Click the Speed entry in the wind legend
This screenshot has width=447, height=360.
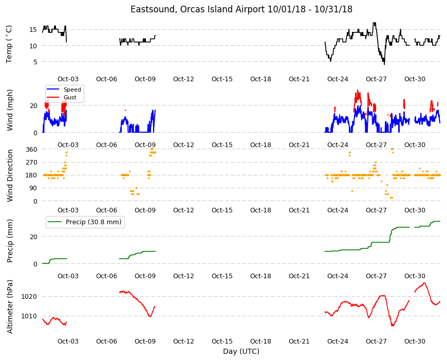click(x=72, y=89)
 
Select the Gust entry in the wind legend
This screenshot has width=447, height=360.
click(x=70, y=97)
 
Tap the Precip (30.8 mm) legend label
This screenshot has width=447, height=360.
click(x=94, y=222)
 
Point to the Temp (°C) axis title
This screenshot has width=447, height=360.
click(x=9, y=44)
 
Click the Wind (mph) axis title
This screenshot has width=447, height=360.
click(x=10, y=110)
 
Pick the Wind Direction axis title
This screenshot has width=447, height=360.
click(x=10, y=175)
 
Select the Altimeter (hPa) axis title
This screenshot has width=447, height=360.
click(x=10, y=307)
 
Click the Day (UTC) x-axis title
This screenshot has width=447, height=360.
click(x=241, y=351)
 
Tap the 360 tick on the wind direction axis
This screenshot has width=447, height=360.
click(x=31, y=149)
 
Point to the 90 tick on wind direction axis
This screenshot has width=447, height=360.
click(x=33, y=188)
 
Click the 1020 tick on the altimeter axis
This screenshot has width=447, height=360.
click(x=29, y=297)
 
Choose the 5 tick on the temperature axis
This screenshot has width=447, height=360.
click(x=35, y=62)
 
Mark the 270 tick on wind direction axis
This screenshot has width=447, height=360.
click(x=31, y=163)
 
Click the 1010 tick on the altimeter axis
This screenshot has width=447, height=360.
click(x=29, y=316)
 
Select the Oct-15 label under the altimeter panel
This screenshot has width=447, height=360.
click(x=222, y=341)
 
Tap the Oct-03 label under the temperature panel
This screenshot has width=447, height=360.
click(x=68, y=79)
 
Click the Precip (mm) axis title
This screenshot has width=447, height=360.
click(x=10, y=241)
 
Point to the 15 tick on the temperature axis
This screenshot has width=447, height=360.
click(x=33, y=30)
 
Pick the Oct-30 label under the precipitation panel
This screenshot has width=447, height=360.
click(x=415, y=276)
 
